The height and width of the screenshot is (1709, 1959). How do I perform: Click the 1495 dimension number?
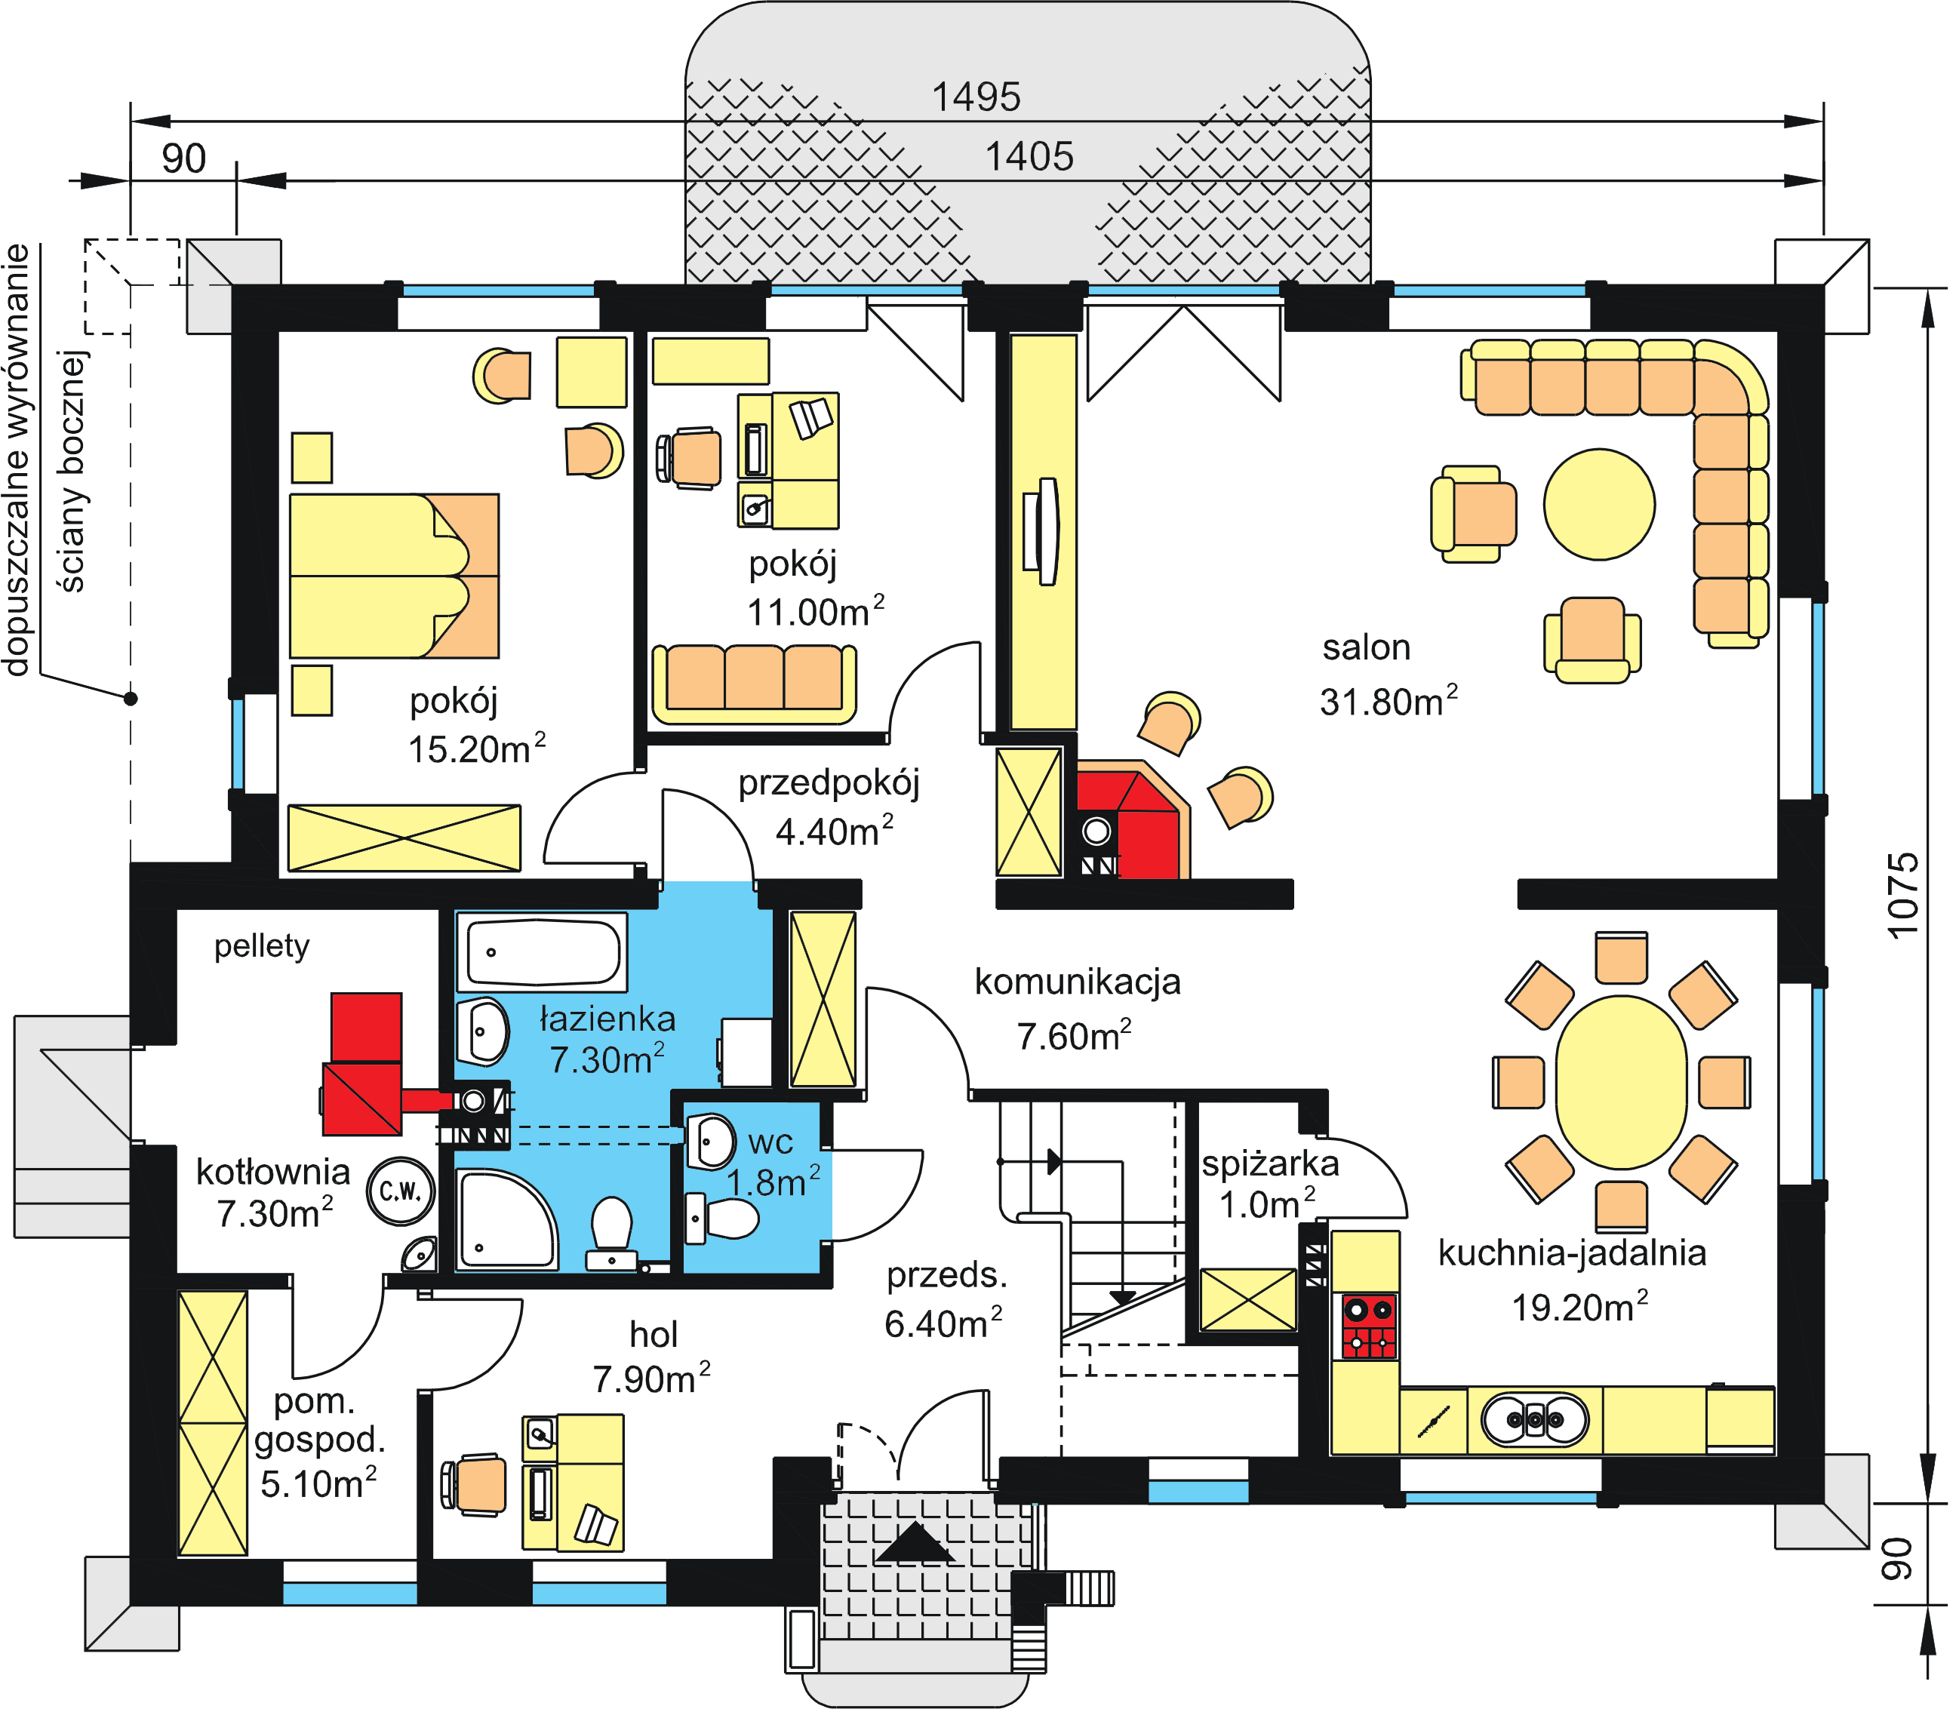coord(976,97)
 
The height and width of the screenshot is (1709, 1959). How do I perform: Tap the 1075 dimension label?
coord(1902,896)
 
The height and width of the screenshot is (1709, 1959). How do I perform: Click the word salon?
coord(1366,647)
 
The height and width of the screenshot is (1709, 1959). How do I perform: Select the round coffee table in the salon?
coord(1600,505)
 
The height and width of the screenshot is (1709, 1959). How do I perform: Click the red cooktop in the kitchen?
coord(1370,1326)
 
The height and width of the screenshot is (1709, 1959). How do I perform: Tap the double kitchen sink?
coord(1535,1420)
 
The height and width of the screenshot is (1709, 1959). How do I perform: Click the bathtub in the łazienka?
coord(542,951)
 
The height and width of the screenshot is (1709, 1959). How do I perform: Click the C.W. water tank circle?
coord(401,1191)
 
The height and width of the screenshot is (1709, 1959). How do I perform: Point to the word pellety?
coord(261,947)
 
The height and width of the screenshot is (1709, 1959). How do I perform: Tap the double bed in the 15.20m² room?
coord(394,576)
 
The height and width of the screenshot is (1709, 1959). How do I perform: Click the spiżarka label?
coord(1269,1163)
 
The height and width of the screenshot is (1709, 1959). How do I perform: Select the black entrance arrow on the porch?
coord(914,1542)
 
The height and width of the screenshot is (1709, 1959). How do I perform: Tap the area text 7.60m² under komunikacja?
coord(1074,1036)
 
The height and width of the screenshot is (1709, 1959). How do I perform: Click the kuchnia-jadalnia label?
coord(1572,1253)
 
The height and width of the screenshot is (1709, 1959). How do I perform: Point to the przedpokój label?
coord(829,784)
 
